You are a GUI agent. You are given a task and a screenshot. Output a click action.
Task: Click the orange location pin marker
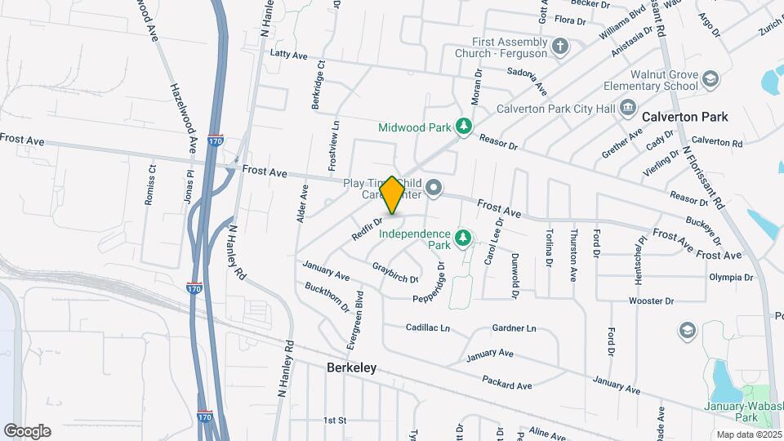coord(392,195)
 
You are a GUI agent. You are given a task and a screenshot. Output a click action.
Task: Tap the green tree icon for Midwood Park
coord(464,127)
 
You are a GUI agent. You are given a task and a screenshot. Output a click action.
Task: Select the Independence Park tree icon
coord(464,238)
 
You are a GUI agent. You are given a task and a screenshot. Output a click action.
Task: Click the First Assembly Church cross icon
coord(559,46)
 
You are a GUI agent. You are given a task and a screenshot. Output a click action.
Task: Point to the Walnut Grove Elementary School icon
coord(710,79)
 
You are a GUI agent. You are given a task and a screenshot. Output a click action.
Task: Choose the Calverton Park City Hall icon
coord(627,107)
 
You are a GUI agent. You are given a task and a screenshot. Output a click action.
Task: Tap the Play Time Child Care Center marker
coord(434,189)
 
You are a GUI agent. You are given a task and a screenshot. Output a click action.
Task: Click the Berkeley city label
coord(351,367)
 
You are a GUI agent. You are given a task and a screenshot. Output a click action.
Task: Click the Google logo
coord(27,430)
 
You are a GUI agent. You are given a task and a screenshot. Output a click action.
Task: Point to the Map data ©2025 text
coord(748,434)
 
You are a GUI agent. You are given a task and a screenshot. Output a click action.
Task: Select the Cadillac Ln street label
coord(428,327)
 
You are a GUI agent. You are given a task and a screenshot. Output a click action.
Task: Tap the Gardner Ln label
coord(514,328)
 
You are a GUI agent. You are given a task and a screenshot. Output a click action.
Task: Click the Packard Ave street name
coord(506,381)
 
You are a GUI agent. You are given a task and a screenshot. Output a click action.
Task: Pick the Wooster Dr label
coord(651,301)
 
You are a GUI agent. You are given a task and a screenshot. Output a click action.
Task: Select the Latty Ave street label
coord(288,55)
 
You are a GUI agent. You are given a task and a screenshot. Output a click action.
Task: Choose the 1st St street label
coord(335,421)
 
